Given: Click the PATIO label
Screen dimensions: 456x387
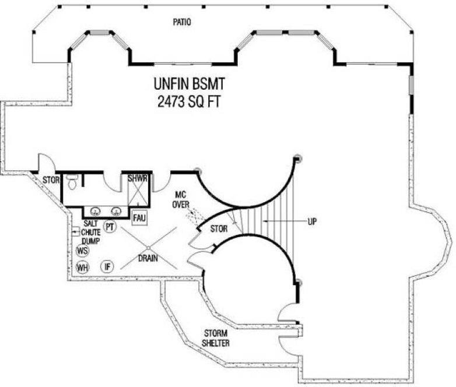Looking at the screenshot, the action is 182,22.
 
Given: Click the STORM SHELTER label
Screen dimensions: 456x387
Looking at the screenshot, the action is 216,338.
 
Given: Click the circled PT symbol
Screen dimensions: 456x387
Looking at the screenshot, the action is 108,226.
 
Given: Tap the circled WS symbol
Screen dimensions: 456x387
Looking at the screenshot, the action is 82,251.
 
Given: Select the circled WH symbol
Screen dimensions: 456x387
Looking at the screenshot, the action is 82,268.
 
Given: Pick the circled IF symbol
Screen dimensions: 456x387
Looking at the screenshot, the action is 107,267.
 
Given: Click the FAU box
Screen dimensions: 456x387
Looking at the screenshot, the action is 139,217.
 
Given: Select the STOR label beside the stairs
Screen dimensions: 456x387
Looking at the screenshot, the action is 218,228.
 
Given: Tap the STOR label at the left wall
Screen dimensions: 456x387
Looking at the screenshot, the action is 51,180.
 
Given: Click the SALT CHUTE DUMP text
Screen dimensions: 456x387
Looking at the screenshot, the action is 91,232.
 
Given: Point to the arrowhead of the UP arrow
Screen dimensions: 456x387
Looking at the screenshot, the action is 265,221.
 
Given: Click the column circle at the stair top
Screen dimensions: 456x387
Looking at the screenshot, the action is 298,157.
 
